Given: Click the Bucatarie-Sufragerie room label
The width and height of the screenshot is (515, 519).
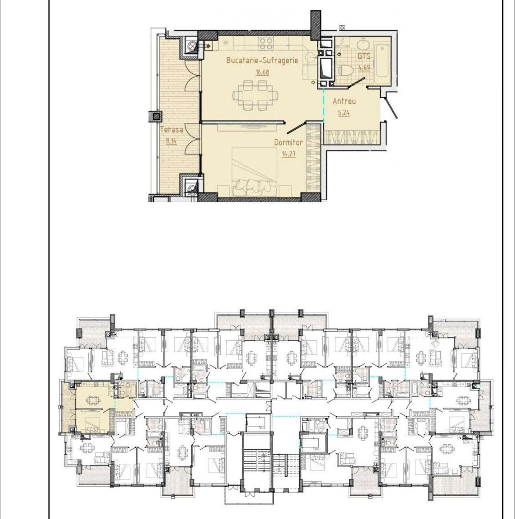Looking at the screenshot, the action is [x=262, y=60].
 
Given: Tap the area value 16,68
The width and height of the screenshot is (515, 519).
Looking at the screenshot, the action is [x=262, y=72].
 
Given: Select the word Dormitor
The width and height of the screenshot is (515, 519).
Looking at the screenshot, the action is [x=288, y=142].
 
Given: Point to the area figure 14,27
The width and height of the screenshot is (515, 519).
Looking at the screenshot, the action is [x=288, y=154].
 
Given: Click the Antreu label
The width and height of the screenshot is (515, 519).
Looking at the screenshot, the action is [x=344, y=101].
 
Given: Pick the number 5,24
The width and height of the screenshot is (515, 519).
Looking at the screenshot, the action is [x=344, y=113].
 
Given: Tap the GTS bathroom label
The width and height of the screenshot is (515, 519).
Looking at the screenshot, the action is [x=363, y=56].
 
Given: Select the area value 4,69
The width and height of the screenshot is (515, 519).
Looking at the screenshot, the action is [x=364, y=67].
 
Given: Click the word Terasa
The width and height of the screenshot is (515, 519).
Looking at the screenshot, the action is [x=171, y=130].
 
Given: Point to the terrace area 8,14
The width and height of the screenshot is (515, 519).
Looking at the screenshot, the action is [x=171, y=141].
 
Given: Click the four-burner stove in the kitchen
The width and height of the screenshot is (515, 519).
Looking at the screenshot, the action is [x=266, y=43].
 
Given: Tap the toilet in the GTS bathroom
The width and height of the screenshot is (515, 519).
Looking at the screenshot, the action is [x=346, y=70].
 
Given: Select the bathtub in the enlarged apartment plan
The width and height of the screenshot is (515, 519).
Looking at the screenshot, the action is [x=382, y=63].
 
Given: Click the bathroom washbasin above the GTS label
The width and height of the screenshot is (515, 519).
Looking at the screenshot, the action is [x=364, y=44].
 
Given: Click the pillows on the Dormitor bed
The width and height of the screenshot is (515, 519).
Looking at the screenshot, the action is [x=254, y=188].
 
